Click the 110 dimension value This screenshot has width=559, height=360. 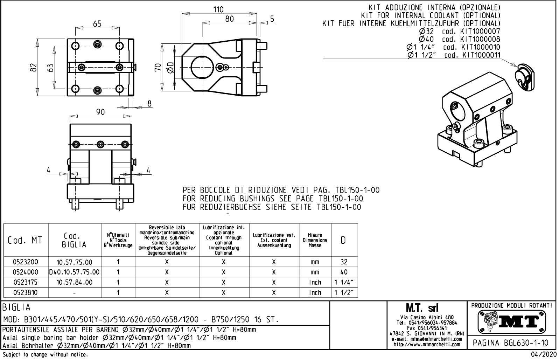218,9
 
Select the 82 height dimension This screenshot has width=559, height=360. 33,68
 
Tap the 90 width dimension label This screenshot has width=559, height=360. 100,112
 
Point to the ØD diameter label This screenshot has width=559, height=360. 170,67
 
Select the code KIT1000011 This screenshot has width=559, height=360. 481,55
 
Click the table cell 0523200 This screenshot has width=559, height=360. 25,262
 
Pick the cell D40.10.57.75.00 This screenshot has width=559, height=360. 75,272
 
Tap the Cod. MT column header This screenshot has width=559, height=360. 25,240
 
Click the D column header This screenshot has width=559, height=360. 344,240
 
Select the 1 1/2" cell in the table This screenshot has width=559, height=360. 344,292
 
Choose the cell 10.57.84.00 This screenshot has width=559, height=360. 75,282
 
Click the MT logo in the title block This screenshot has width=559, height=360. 511,321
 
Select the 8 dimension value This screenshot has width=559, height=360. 149,104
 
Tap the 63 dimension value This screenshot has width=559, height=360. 51,68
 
